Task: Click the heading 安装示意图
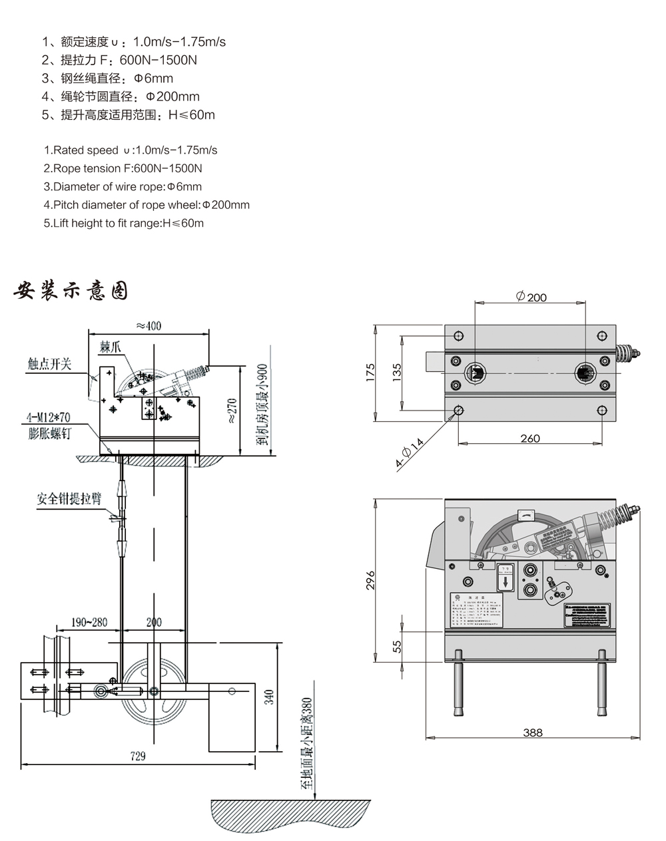pyautogui.click(x=71, y=291)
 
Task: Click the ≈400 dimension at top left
pyautogui.click(x=149, y=326)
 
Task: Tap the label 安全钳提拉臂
pyautogui.click(x=69, y=498)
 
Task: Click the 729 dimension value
pyautogui.click(x=137, y=756)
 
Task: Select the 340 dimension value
pyautogui.click(x=268, y=696)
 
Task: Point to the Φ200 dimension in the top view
pyautogui.click(x=531, y=297)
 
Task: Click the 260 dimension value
pyautogui.click(x=530, y=438)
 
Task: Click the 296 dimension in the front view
pyautogui.click(x=370, y=580)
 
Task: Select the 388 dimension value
pyautogui.click(x=533, y=732)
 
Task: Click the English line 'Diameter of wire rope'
pyautogui.click(x=123, y=186)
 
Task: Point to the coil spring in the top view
pyautogui.click(x=626, y=353)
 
